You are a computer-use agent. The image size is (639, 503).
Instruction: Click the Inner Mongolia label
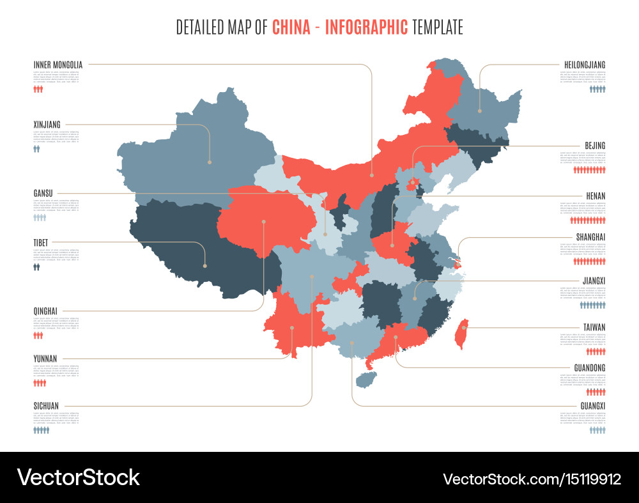(58, 65)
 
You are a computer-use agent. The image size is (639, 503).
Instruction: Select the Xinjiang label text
(47, 124)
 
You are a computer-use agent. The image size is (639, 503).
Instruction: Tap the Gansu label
(43, 192)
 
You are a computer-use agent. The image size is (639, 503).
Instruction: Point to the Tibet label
(41, 242)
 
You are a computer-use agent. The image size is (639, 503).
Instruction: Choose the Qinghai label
(45, 311)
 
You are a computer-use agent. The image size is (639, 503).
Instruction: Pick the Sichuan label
(46, 405)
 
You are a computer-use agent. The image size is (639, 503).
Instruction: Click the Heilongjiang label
(585, 65)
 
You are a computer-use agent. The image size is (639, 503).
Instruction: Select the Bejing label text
(594, 146)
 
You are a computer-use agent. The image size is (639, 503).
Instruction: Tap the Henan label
(595, 196)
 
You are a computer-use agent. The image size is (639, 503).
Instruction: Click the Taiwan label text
(594, 327)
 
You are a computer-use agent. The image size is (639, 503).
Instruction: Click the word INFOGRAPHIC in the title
(366, 27)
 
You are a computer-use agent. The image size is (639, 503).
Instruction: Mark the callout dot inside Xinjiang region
(210, 162)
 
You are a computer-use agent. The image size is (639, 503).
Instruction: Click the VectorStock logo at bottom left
(78, 477)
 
